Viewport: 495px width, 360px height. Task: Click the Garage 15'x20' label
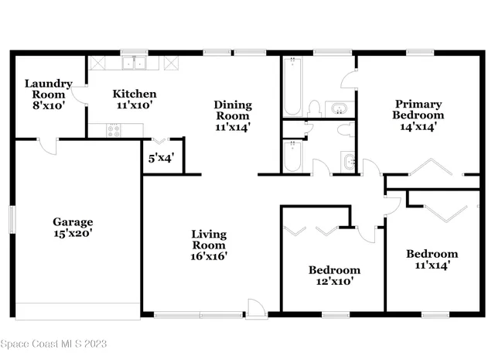[73, 227]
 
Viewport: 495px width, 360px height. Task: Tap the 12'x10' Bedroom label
[334, 276]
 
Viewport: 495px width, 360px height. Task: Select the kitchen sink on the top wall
[134, 62]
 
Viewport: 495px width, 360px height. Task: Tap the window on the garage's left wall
[12, 217]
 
